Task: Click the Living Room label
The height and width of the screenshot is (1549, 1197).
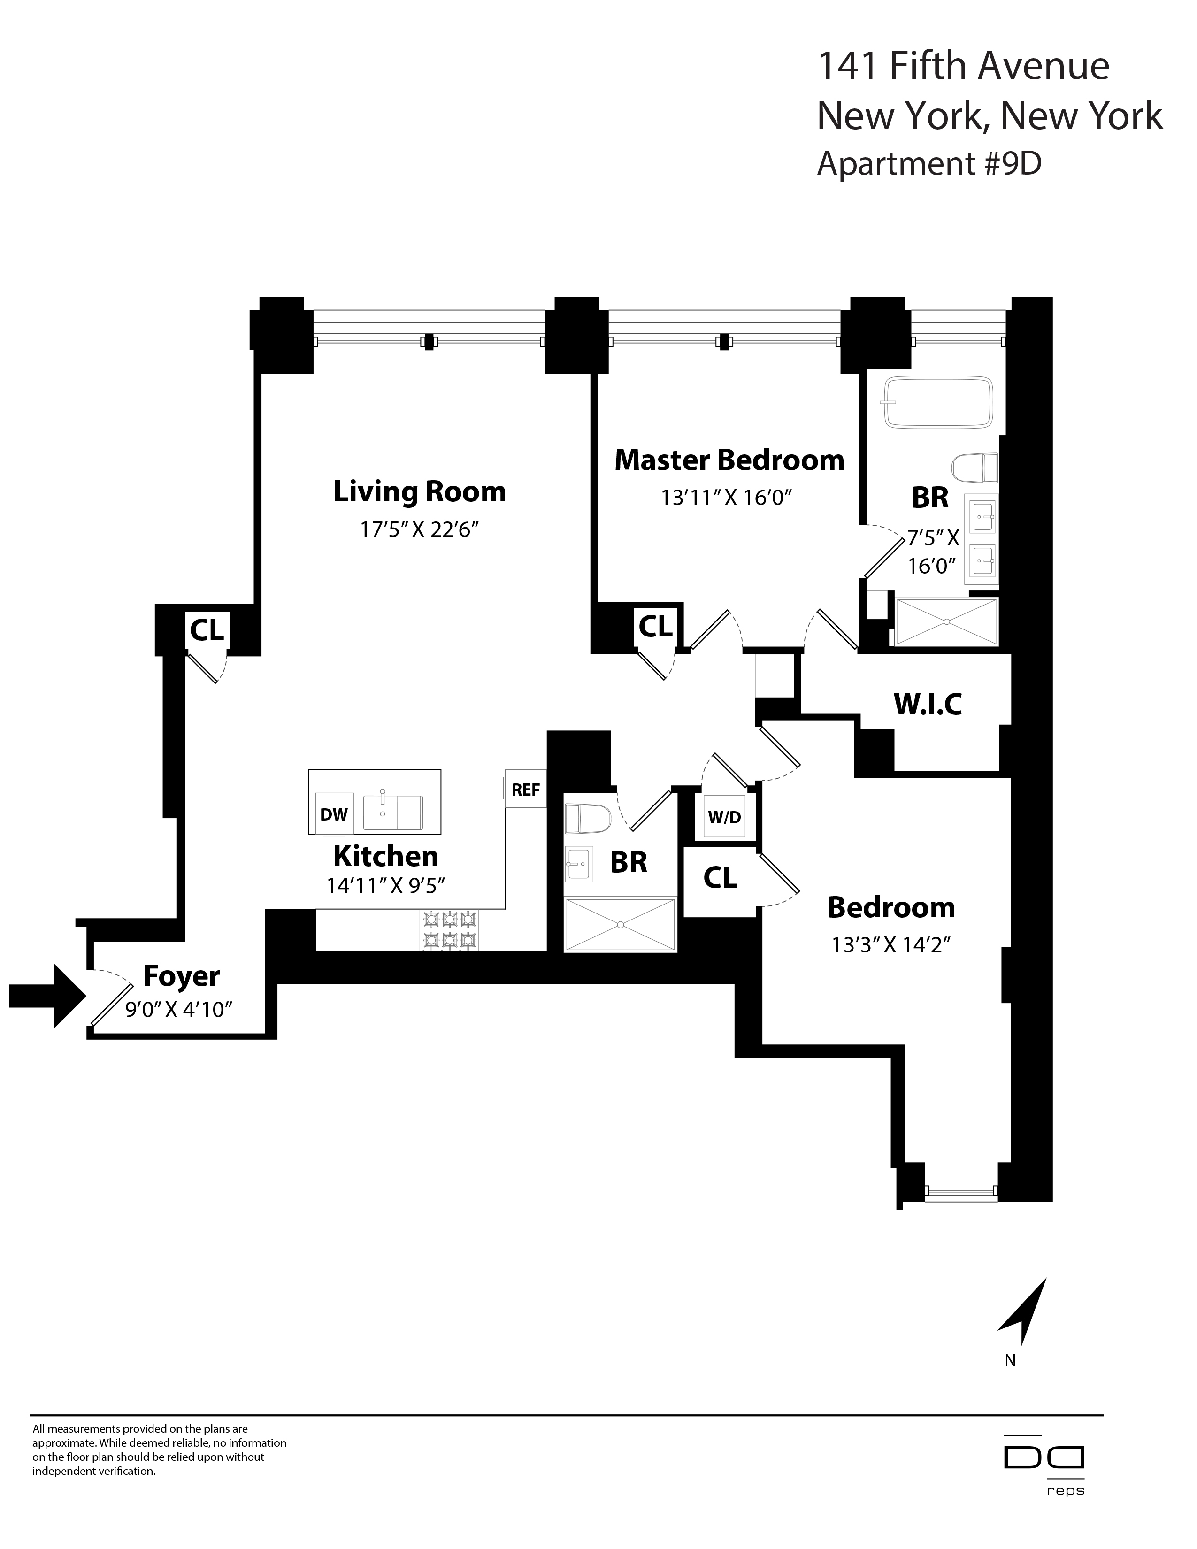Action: (419, 491)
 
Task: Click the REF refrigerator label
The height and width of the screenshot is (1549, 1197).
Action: (525, 790)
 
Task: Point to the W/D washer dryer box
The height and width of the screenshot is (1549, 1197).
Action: (724, 817)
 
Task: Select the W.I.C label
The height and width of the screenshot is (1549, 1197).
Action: (928, 704)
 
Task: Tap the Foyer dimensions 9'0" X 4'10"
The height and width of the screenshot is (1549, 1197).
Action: (179, 1009)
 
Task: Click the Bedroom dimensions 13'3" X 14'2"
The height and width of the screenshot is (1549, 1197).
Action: (890, 945)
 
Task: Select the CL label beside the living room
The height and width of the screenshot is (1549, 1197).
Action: (207, 629)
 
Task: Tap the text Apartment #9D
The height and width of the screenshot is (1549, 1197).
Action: (929, 164)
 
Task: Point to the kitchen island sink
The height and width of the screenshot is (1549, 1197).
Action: (392, 812)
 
